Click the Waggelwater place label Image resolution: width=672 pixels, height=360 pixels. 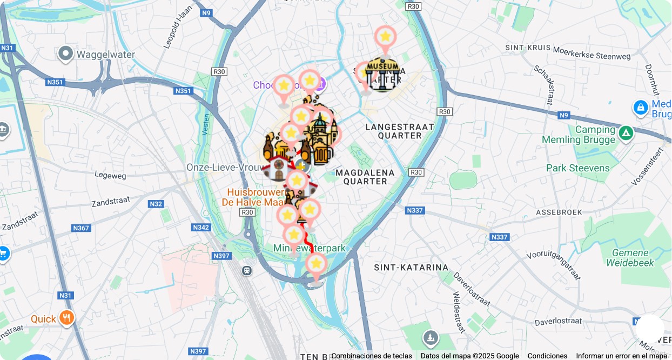point(105,55)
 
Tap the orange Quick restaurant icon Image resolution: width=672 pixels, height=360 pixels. point(67,318)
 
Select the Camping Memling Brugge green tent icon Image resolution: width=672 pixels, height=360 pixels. point(626,132)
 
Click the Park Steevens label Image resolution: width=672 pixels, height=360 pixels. point(577,168)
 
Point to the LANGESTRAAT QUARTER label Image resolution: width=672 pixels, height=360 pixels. point(400,131)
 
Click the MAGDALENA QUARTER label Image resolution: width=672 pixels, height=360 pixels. point(365,177)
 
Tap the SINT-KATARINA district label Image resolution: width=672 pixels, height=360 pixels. point(411,267)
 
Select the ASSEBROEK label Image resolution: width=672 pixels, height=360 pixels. point(559,212)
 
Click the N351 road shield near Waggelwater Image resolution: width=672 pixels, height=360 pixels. point(56,83)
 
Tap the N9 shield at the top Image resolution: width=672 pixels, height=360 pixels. point(206,12)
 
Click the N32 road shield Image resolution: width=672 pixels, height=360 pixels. point(156,204)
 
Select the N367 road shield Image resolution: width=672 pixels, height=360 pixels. point(80,228)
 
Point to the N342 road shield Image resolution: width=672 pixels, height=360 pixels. point(201,228)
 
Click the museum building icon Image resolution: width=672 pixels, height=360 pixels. point(383,75)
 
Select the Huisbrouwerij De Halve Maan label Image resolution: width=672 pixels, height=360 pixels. point(254,197)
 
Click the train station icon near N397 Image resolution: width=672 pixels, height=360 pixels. point(247,270)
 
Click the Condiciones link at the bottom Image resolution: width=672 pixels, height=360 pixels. point(547,356)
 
